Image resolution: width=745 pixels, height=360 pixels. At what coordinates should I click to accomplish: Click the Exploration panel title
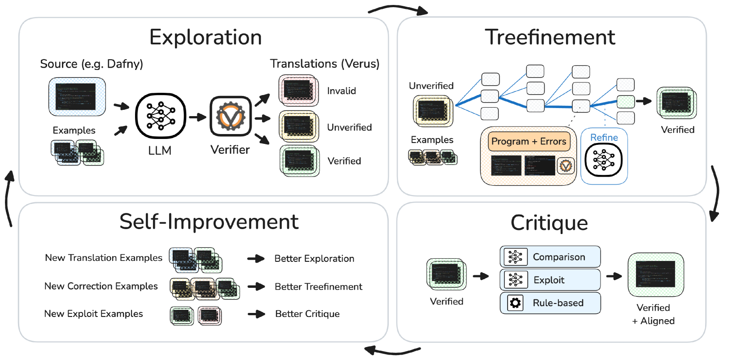[205, 37]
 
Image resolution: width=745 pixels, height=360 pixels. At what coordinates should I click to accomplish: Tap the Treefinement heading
[550, 37]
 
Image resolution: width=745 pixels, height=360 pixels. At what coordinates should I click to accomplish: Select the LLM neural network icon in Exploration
[161, 116]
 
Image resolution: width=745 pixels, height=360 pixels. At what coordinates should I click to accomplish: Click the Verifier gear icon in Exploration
[231, 116]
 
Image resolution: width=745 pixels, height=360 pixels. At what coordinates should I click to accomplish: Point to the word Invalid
[341, 91]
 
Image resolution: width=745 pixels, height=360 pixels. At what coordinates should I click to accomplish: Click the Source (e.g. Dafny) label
[91, 64]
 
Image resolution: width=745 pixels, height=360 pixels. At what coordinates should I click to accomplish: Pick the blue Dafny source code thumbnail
[77, 97]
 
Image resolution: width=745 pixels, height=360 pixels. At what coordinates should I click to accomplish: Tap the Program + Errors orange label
[529, 141]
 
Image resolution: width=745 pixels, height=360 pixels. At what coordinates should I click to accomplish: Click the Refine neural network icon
[604, 160]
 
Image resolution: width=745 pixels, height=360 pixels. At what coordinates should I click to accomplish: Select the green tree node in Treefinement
[626, 102]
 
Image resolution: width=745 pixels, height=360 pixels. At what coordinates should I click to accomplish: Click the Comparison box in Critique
[550, 257]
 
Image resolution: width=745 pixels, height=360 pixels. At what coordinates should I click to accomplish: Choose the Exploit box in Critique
[550, 280]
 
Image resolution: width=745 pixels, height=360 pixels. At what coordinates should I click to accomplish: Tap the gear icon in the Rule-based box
[515, 303]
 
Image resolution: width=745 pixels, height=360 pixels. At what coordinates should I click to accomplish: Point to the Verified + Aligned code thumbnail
[655, 275]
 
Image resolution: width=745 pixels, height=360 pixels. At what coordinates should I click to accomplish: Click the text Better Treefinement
[318, 286]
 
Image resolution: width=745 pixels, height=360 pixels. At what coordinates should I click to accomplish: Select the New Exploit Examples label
[93, 314]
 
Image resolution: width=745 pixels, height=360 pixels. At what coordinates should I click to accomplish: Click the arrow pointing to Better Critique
[257, 314]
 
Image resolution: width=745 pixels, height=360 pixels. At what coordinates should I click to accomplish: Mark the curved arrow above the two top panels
[397, 9]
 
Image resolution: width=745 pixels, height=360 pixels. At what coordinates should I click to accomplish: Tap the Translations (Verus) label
[325, 64]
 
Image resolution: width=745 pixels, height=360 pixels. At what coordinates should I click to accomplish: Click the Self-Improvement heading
[209, 222]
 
